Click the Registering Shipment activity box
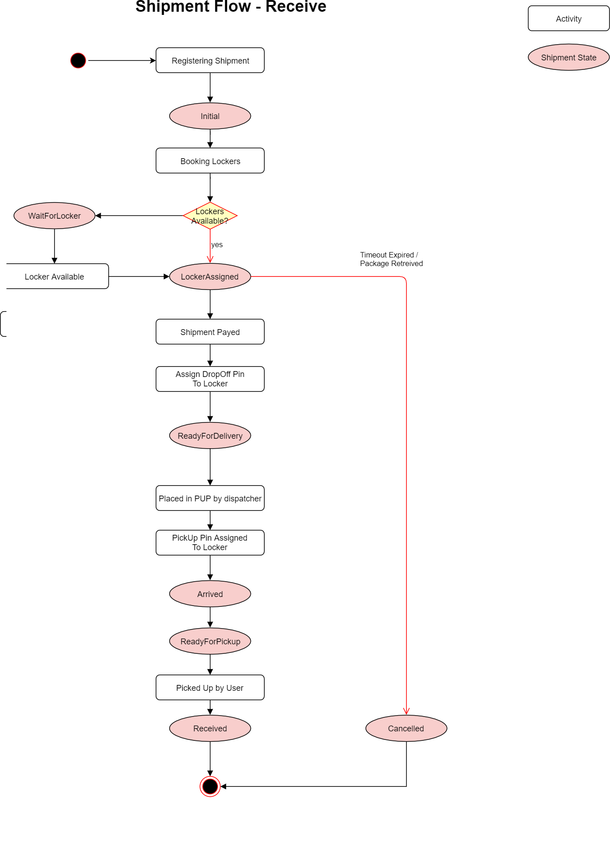pos(210,60)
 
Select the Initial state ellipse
pos(210,116)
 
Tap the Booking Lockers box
pos(210,161)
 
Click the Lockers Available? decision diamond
pos(210,216)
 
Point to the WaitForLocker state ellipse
pos(54,216)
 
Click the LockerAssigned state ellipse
pos(210,277)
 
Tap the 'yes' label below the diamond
pos(217,245)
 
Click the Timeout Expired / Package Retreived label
pos(391,259)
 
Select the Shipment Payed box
pos(210,332)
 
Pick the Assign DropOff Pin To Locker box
pos(210,379)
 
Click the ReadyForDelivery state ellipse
pos(210,436)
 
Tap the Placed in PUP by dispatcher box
pos(210,498)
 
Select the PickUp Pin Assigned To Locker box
pos(210,542)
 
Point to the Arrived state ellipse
pos(210,594)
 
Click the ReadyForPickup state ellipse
pos(210,641)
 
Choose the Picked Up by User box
pos(210,688)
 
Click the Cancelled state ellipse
pos(406,728)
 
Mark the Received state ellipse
pos(210,728)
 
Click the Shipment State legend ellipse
pos(568,57)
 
